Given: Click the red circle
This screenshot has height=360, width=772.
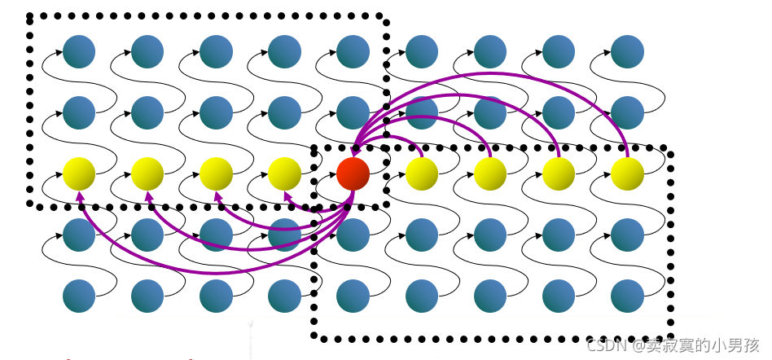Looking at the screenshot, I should (353, 173).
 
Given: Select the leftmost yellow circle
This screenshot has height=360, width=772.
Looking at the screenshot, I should (79, 173).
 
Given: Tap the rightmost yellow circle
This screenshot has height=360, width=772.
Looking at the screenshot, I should (628, 173).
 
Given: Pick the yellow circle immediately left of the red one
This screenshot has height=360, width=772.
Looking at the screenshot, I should (285, 173).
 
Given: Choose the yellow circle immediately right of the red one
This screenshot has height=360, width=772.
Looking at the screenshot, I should (422, 173).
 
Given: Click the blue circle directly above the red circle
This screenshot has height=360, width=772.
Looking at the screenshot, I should (353, 112).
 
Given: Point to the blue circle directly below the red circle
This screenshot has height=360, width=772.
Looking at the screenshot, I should (353, 235).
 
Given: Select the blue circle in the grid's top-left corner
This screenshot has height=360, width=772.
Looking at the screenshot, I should (79, 51).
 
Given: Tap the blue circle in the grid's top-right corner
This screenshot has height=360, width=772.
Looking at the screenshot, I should (628, 51).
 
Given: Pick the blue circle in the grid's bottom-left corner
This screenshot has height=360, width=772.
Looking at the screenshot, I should (79, 296).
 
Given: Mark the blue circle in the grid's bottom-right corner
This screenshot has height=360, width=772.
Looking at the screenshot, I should (628, 296).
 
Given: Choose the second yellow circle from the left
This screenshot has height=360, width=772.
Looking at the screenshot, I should (147, 173).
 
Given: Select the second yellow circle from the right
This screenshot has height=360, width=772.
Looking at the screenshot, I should (559, 173).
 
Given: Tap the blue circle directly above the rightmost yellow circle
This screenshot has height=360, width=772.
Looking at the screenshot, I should (628, 112).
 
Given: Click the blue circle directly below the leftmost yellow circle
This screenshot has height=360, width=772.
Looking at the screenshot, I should (79, 235).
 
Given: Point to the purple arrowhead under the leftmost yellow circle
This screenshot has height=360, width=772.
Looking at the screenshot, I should (80, 195).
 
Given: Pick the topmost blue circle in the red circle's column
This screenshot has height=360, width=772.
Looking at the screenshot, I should (353, 51).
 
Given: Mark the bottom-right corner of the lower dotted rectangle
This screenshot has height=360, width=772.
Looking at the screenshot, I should (671, 337).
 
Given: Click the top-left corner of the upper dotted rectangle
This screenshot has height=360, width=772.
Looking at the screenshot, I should (30, 16).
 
